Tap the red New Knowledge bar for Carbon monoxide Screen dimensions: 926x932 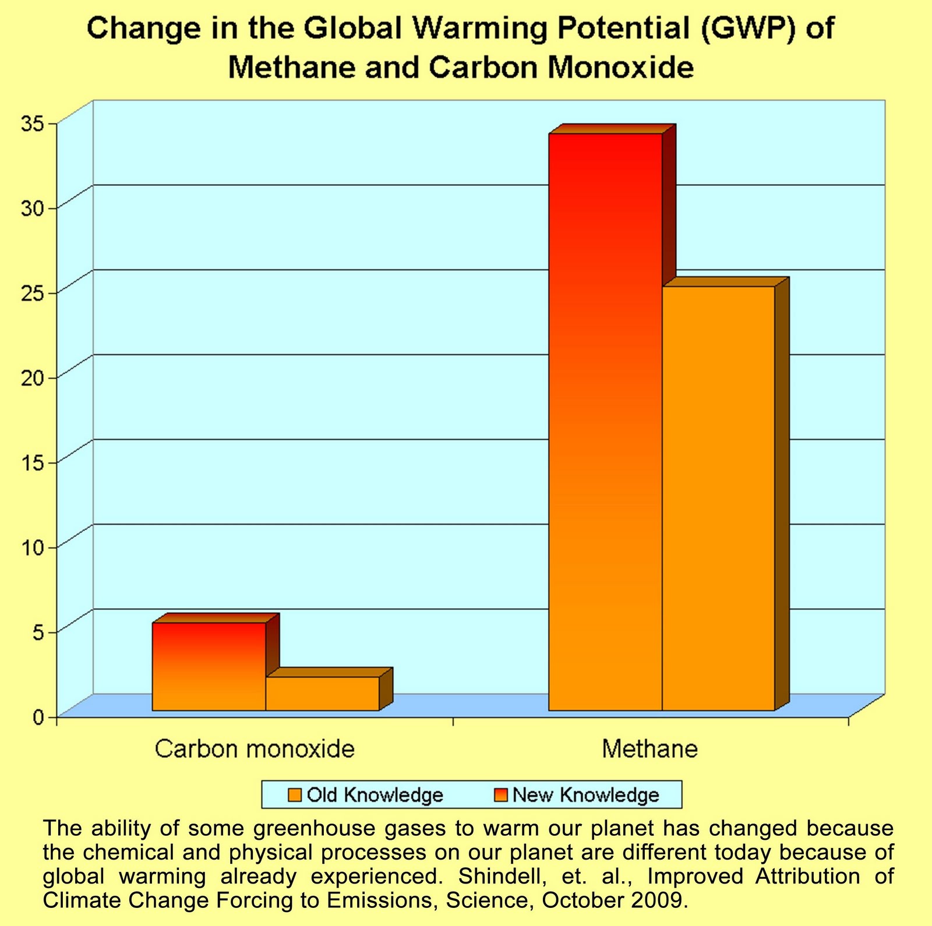pos(209,666)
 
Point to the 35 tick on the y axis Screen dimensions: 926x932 pos(33,123)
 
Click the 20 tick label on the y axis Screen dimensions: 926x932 pos(33,378)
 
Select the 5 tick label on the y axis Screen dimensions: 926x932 pos(38,632)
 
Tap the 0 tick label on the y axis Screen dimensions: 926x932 pos(38,717)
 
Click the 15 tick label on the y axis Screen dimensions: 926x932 pos(33,463)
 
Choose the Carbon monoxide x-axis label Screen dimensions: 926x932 pos(255,749)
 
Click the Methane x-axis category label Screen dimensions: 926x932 pos(649,749)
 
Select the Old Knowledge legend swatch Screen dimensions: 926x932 pos(295,795)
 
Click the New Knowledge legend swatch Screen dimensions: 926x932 pos(501,795)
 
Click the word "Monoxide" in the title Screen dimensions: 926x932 pos(621,68)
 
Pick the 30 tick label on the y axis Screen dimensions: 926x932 pos(33,208)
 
